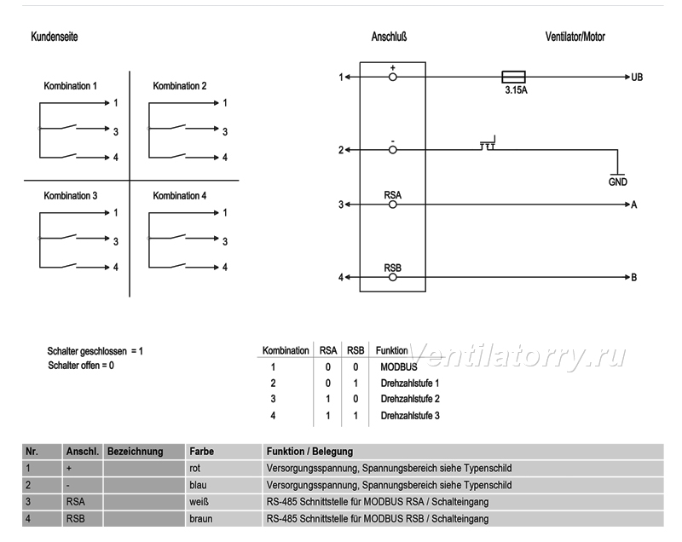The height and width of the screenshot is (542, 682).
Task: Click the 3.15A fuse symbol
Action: click(514, 77)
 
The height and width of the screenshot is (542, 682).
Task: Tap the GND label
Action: click(617, 182)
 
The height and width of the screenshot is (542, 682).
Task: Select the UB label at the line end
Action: click(637, 77)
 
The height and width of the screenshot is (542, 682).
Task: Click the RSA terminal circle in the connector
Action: click(393, 205)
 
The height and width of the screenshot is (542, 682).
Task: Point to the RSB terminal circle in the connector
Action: click(393, 277)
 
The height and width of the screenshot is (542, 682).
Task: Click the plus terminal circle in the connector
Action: click(393, 78)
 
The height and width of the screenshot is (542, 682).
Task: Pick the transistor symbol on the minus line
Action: click(488, 143)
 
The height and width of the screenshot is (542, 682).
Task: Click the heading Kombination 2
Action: click(180, 85)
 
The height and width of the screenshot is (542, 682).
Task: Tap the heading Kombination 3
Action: click(71, 196)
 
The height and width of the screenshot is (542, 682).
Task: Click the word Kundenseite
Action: click(55, 37)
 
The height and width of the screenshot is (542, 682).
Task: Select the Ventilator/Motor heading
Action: click(575, 37)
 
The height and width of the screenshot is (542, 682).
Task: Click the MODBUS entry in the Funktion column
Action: click(399, 367)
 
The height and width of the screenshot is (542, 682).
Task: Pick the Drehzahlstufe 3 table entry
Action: click(410, 416)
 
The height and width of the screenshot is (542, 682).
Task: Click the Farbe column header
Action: click(202, 452)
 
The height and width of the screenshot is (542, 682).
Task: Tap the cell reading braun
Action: click(201, 518)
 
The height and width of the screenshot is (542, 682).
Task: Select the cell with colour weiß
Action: click(199, 502)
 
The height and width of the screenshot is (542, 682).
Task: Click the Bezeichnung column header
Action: click(136, 452)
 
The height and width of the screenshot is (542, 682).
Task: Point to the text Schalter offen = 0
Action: click(81, 365)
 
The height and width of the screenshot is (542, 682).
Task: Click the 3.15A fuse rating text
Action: click(516, 90)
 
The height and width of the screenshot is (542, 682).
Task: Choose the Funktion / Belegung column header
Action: click(309, 452)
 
